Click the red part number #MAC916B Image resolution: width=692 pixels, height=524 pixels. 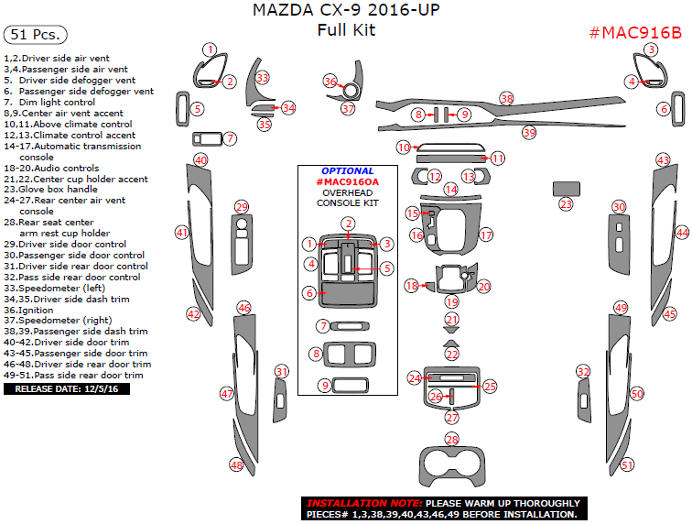click(x=636, y=33)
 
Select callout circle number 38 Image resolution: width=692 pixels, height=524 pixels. click(x=506, y=98)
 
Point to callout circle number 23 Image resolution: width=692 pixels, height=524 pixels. click(x=566, y=203)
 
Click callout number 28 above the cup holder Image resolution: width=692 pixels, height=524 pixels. click(x=451, y=440)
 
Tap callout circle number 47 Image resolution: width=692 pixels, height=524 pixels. click(x=227, y=393)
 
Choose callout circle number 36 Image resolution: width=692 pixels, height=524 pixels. click(x=330, y=82)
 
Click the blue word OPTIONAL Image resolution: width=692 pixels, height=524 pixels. click(x=347, y=171)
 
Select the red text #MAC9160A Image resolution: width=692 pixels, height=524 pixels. click(x=347, y=182)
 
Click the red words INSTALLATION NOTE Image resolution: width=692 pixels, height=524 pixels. click(x=363, y=504)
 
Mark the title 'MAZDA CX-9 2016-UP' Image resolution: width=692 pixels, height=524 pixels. click(x=347, y=11)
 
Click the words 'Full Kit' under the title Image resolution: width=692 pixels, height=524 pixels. click(x=346, y=30)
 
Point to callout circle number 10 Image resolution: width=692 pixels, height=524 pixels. click(x=403, y=147)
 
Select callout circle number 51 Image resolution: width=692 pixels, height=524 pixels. click(x=627, y=465)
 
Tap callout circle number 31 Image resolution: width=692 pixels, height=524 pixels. click(x=282, y=372)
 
